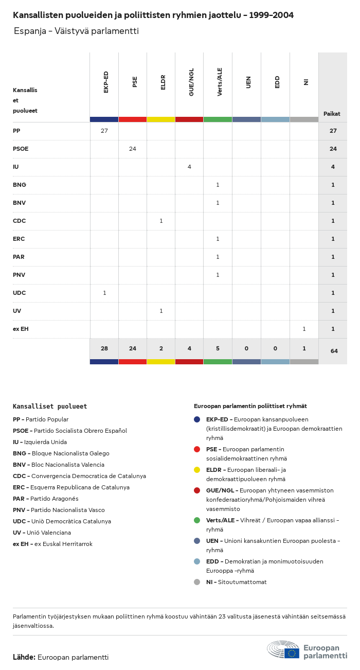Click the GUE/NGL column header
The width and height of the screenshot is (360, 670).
(191, 82)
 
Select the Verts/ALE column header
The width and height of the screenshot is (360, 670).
(220, 82)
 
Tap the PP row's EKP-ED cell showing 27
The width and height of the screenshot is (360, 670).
(104, 131)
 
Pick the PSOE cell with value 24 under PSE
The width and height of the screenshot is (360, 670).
(133, 149)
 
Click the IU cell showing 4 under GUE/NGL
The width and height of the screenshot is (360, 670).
(189, 167)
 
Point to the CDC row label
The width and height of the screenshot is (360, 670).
(20, 221)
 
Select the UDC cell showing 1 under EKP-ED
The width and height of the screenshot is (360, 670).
(104, 293)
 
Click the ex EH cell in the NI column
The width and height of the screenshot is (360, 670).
(304, 329)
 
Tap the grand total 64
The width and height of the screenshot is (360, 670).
(334, 351)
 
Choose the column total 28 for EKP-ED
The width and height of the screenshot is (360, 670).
(104, 348)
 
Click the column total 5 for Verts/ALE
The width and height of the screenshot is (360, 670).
(218, 348)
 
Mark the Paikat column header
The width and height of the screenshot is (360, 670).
(332, 114)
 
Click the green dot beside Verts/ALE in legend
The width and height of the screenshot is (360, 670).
(197, 520)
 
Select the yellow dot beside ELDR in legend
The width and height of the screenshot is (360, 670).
(197, 470)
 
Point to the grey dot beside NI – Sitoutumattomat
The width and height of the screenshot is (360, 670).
(197, 582)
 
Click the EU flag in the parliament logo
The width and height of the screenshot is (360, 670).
(292, 653)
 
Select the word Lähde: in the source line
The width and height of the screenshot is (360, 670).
(24, 657)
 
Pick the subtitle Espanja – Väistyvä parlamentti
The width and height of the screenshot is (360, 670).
(76, 31)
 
